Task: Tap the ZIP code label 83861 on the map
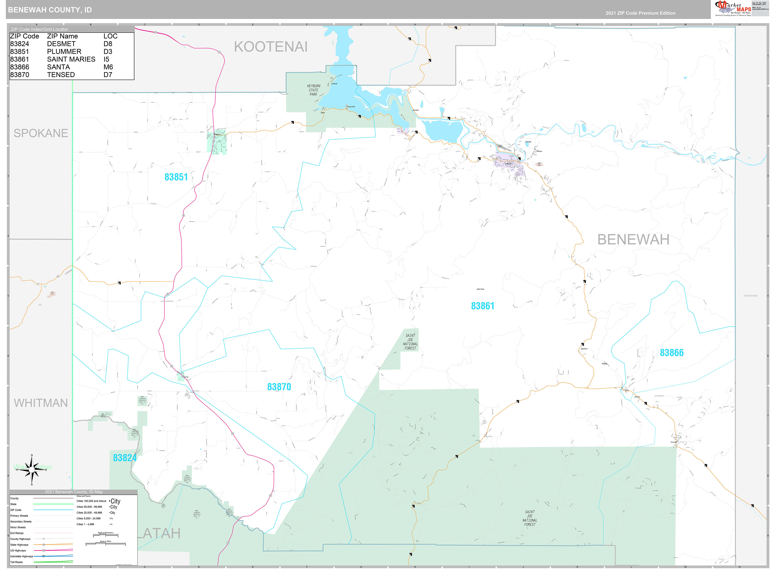coord(482,306)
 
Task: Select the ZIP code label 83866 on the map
coord(671,353)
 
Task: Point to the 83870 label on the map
coord(279,387)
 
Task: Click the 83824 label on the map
coord(125,458)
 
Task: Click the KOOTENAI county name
coord(271,47)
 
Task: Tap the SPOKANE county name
coord(41,133)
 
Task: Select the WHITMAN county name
coord(41,403)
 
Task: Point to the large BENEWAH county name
coord(633,240)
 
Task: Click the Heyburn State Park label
coord(313,90)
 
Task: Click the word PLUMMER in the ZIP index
coord(64,52)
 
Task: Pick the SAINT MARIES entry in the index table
coord(71,59)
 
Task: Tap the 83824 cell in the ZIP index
coord(20,44)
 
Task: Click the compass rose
coord(32,469)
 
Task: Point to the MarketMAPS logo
coord(733,9)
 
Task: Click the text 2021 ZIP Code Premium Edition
coord(640,13)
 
